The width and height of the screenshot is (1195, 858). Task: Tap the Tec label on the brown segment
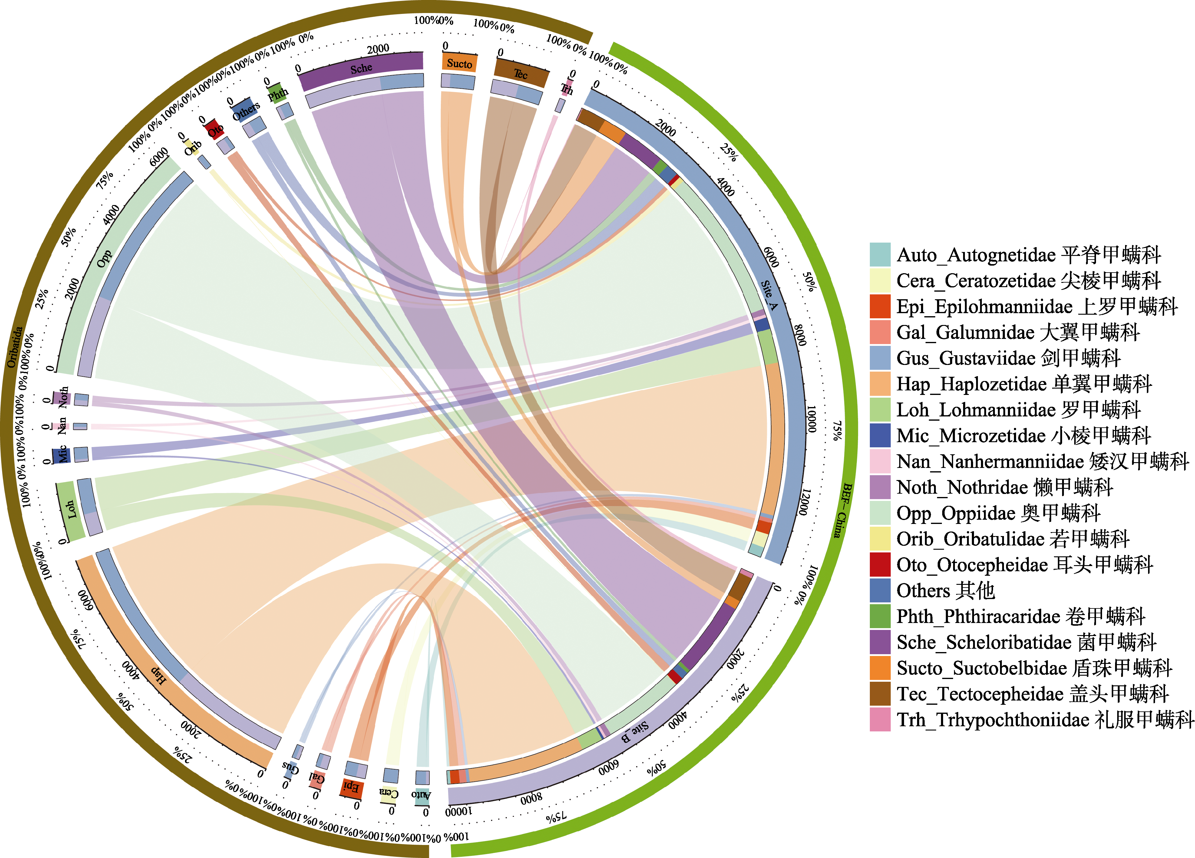[x=520, y=74]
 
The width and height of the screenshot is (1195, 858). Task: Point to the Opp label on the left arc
[x=104, y=258]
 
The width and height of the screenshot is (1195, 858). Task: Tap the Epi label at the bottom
[x=352, y=787]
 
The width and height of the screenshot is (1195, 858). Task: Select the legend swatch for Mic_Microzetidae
[x=880, y=435]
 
